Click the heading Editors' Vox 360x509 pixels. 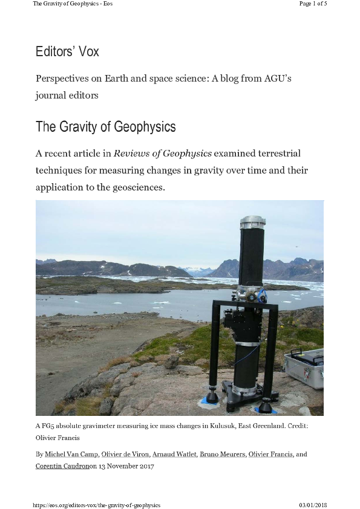[x=67, y=52]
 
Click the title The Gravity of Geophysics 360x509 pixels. [x=105, y=127]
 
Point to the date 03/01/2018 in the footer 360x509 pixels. [x=313, y=505]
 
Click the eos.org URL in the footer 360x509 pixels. [x=96, y=505]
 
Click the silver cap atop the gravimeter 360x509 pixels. [x=252, y=222]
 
